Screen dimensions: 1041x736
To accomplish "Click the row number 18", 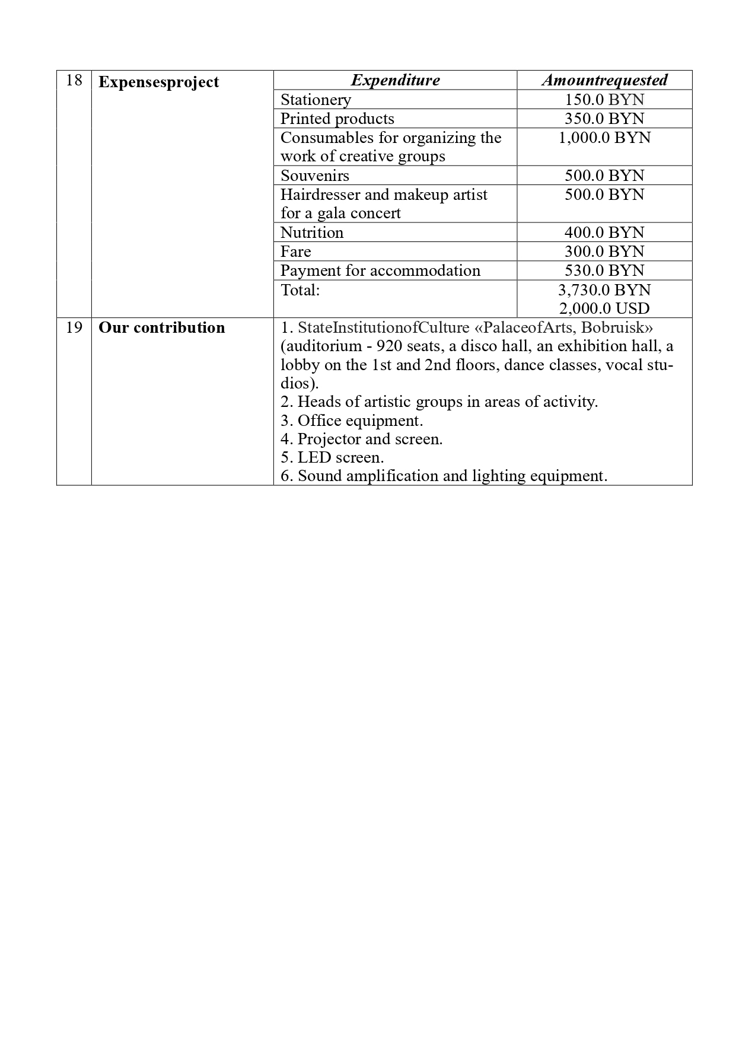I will click(74, 81).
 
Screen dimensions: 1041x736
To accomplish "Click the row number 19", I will click(74, 328).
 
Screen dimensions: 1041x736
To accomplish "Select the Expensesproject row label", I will click(158, 82).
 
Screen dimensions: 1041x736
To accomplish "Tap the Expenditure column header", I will click(395, 80).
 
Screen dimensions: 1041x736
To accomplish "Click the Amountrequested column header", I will click(604, 80).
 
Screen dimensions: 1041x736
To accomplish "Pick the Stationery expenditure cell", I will click(316, 100).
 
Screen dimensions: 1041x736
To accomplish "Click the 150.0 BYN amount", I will click(604, 100).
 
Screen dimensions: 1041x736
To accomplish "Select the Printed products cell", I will click(337, 119).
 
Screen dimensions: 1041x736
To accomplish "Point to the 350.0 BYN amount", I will click(604, 119).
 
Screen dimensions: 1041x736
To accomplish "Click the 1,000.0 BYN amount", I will click(604, 138).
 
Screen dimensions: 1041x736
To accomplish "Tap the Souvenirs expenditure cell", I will click(314, 176).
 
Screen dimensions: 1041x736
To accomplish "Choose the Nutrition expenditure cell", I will click(311, 233).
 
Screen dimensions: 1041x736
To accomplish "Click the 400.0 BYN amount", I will click(604, 233).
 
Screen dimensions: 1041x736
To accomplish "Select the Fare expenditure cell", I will click(295, 252).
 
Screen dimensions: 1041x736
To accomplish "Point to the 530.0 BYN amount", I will click(604, 270).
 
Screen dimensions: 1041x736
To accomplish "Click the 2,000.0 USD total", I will click(604, 308).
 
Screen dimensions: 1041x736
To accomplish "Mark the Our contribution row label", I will click(161, 328).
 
